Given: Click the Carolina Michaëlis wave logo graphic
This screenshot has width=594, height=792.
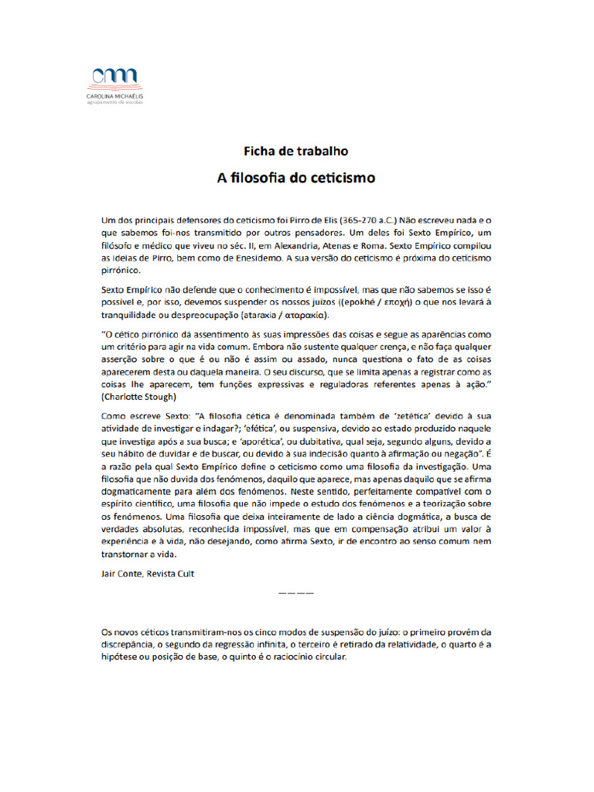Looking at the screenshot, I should click(x=114, y=77).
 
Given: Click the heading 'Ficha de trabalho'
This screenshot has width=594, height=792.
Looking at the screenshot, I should click(x=296, y=151).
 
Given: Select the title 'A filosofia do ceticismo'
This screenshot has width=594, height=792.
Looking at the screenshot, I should click(x=296, y=178).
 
